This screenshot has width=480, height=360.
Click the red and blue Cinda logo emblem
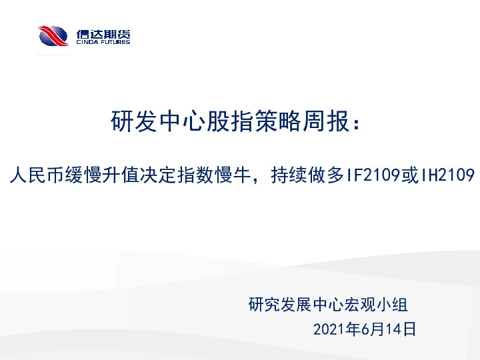(53, 36)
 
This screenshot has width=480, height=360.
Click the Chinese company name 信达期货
(103, 32)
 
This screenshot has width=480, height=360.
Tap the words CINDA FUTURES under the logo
(103, 42)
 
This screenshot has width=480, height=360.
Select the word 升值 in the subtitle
(114, 175)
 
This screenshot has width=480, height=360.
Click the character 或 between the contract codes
(410, 175)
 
